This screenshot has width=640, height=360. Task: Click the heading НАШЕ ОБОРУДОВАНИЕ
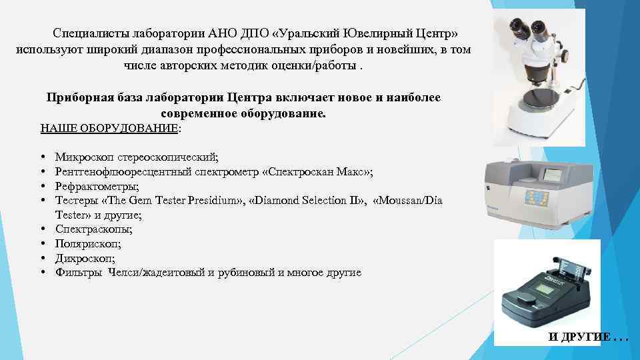click(109, 128)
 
